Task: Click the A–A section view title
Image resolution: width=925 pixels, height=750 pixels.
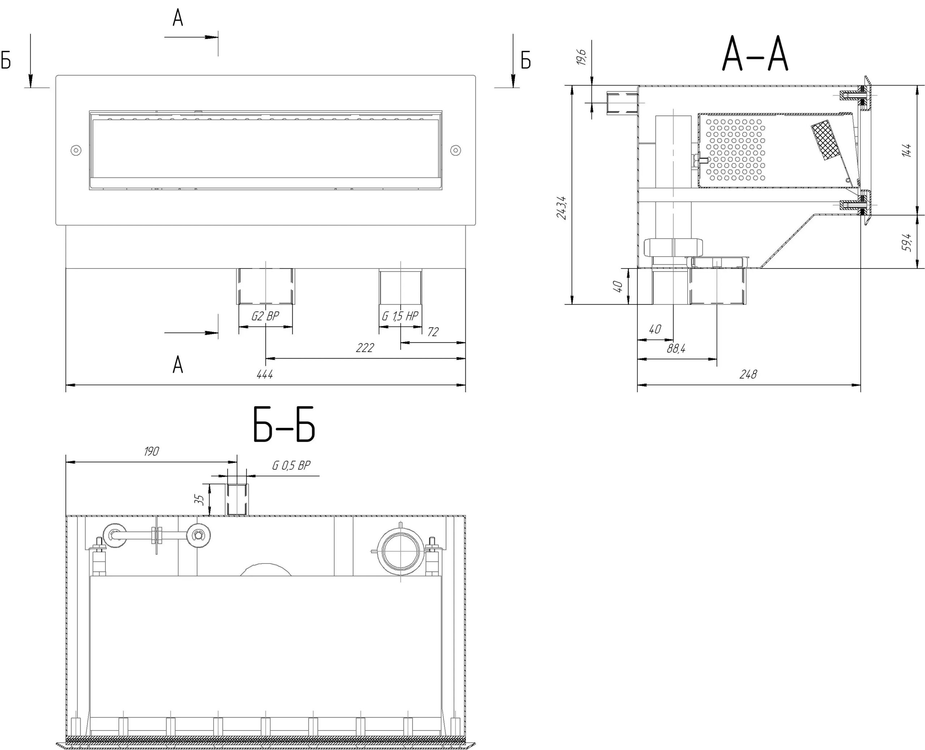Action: coord(755,54)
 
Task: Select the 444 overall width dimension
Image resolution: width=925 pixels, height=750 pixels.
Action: coord(265,374)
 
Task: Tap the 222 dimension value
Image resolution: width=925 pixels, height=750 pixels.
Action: coord(365,348)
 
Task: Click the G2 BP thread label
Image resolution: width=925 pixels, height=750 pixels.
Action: coord(265,316)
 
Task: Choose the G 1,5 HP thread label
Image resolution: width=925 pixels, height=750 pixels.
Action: coord(400,316)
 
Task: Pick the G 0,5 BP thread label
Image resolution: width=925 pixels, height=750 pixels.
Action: coord(291,465)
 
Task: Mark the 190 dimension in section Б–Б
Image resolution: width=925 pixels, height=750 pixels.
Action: coord(151,451)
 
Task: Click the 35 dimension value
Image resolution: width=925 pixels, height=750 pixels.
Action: coord(199,500)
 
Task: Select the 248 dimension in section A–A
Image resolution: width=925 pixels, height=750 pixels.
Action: coord(748,374)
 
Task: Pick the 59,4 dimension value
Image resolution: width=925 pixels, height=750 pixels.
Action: coord(907,243)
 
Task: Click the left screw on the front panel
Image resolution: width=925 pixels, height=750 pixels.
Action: coord(76,150)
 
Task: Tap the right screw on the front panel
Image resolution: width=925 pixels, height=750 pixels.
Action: coord(456,150)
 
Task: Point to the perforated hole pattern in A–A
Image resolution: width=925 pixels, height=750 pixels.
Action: coord(735,150)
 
